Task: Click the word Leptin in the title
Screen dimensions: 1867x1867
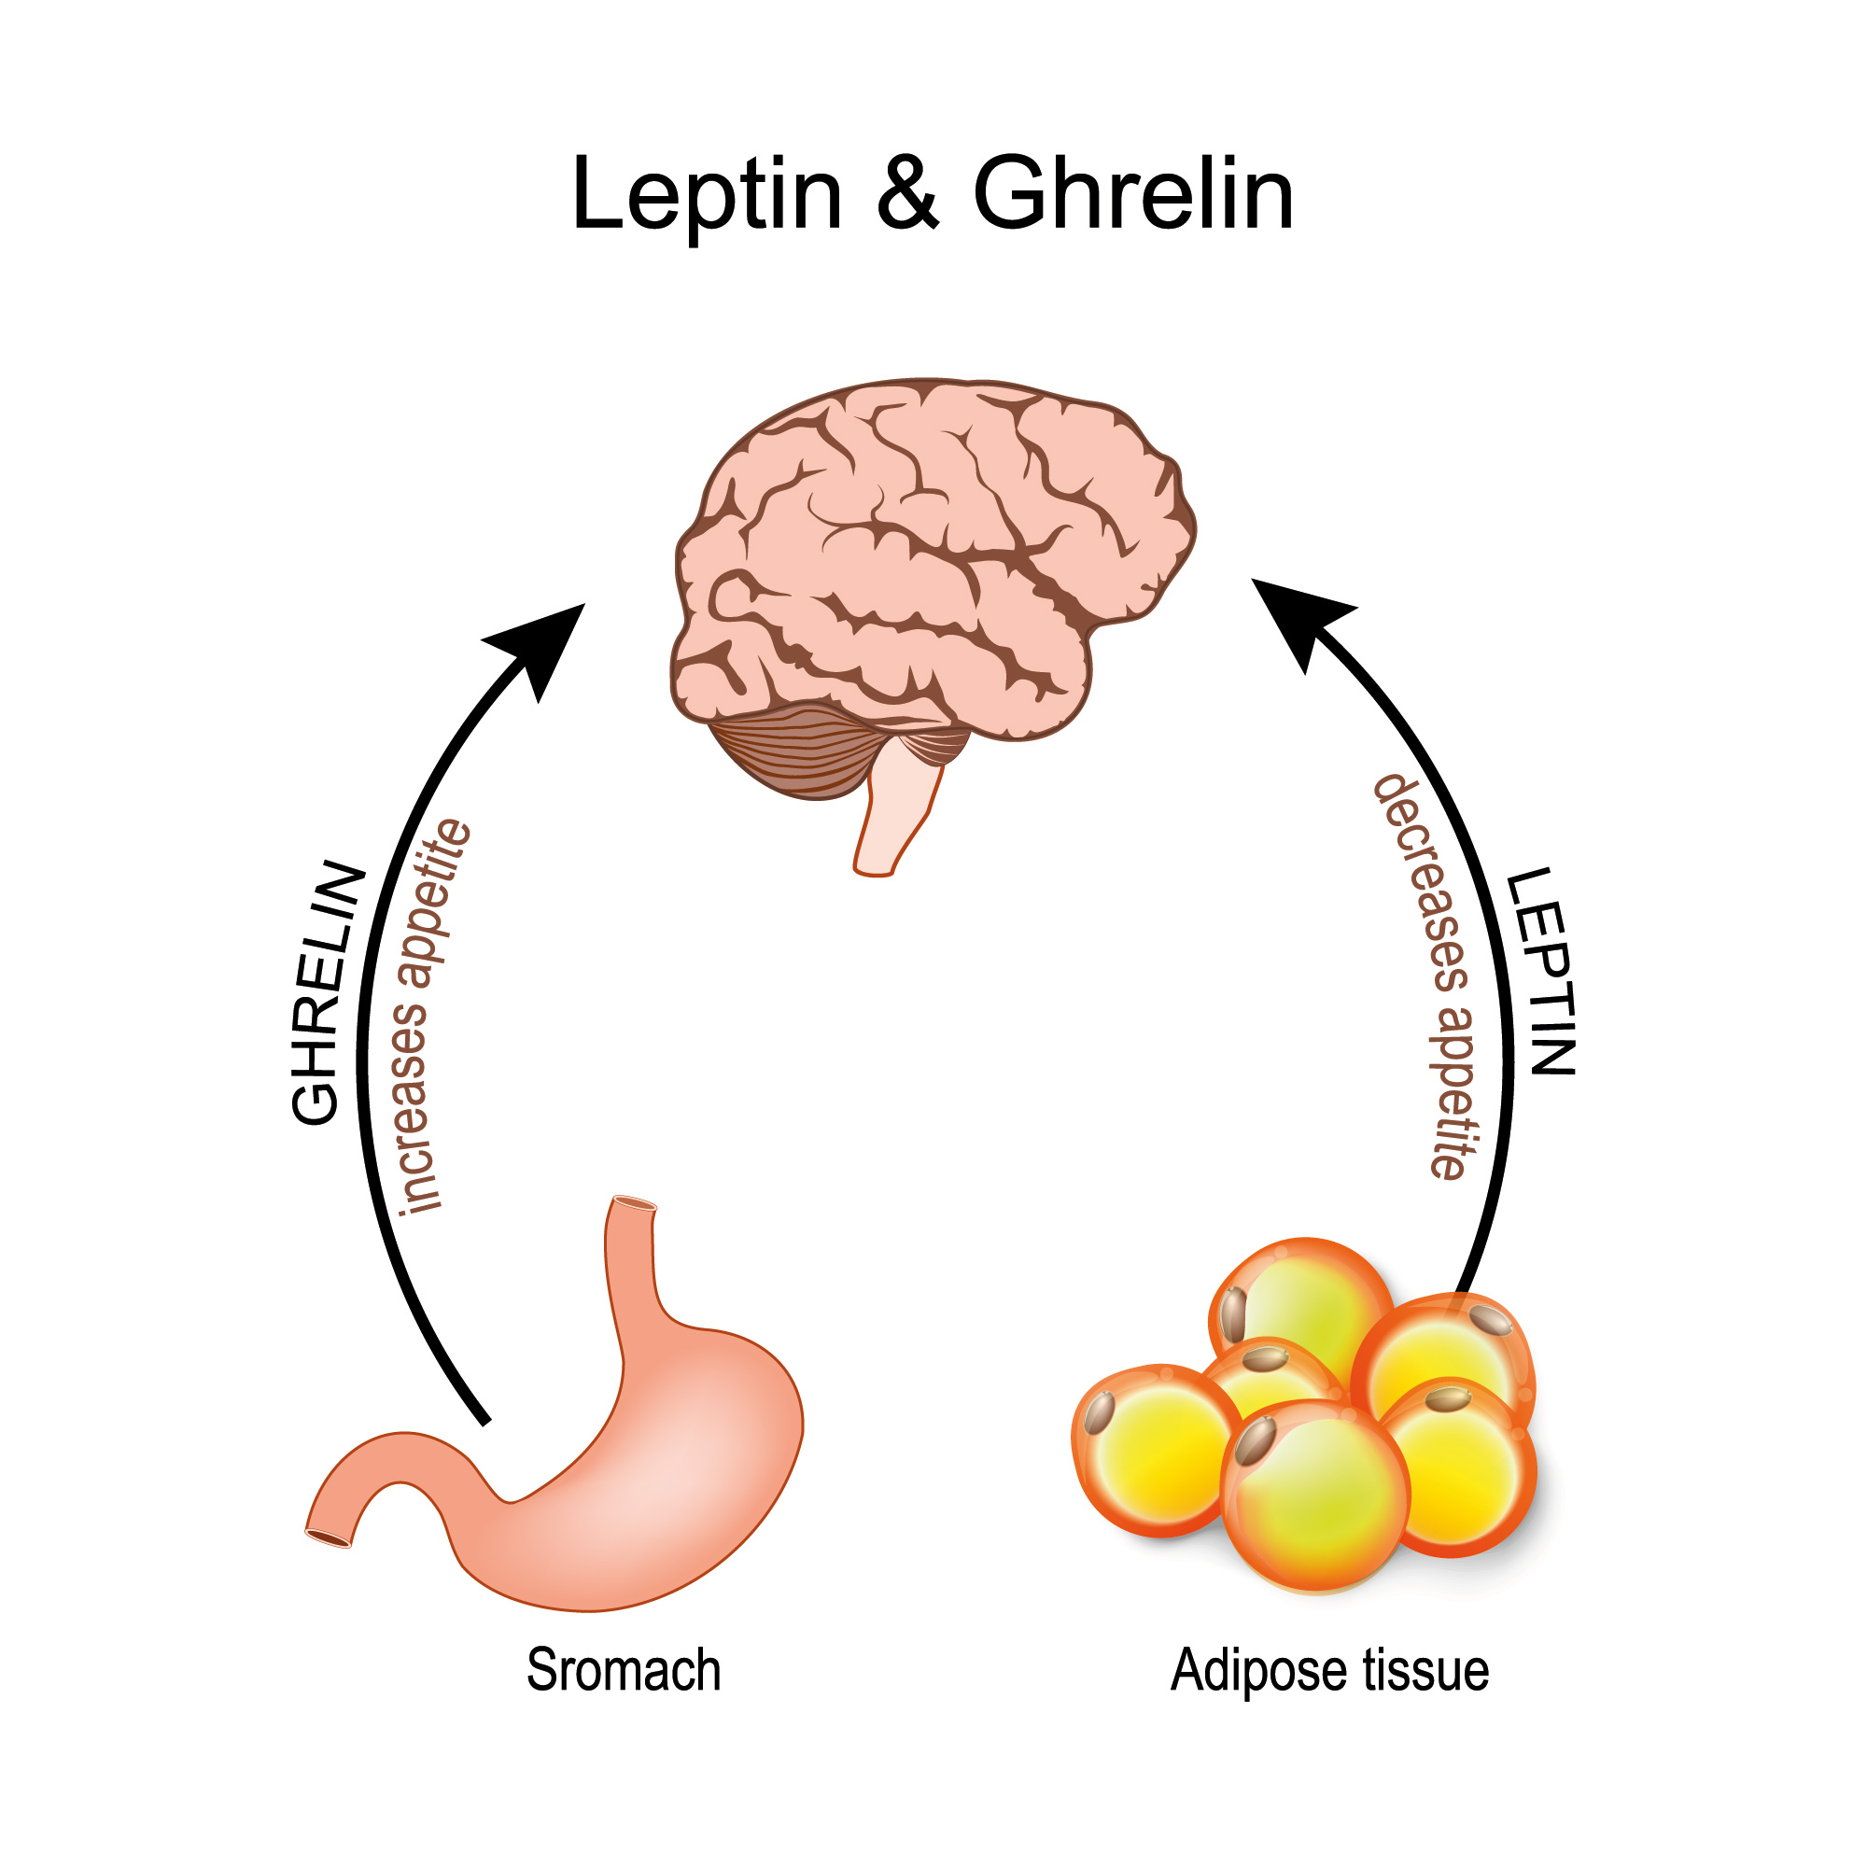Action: (x=707, y=196)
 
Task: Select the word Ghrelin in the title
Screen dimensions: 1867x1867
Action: (x=1132, y=196)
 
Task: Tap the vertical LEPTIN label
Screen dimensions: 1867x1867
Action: (x=1543, y=970)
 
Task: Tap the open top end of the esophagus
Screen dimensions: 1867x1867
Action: (x=634, y=1204)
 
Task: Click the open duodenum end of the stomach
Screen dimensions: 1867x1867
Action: (x=330, y=1537)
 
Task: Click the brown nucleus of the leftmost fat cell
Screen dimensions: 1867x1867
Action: (x=1099, y=1413)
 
